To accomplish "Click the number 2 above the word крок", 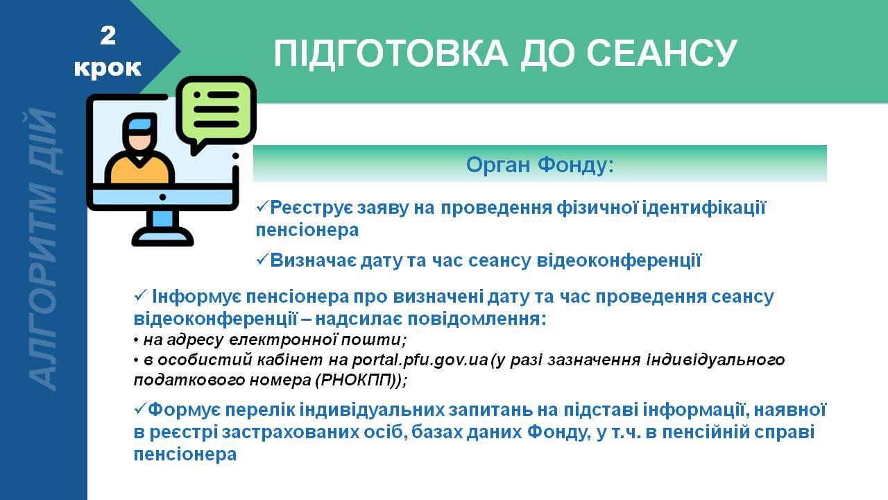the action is click(108, 35).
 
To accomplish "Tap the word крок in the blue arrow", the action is click(108, 67).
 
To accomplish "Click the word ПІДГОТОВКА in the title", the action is click(391, 53).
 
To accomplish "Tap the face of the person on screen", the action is click(139, 140).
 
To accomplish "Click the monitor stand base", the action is click(162, 237).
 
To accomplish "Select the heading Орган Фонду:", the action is click(540, 165).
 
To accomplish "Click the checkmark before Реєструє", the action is click(262, 206).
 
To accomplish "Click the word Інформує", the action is click(196, 297).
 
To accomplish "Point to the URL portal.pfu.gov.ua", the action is click(420, 360).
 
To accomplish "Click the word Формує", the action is click(184, 410).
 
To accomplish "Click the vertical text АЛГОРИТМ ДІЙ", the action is click(44, 249).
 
